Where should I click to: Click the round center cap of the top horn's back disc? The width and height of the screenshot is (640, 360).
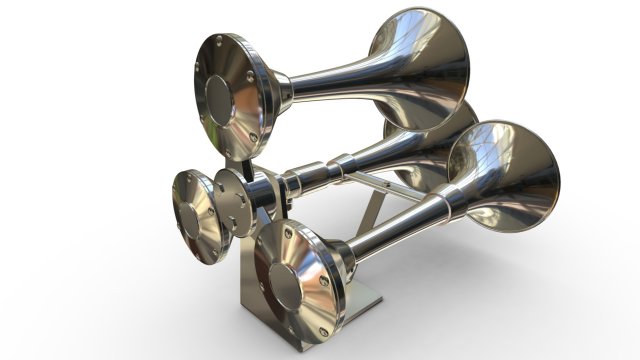pyautogui.click(x=227, y=95)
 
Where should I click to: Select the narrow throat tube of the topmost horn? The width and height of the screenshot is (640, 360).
pyautogui.click(x=320, y=84)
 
